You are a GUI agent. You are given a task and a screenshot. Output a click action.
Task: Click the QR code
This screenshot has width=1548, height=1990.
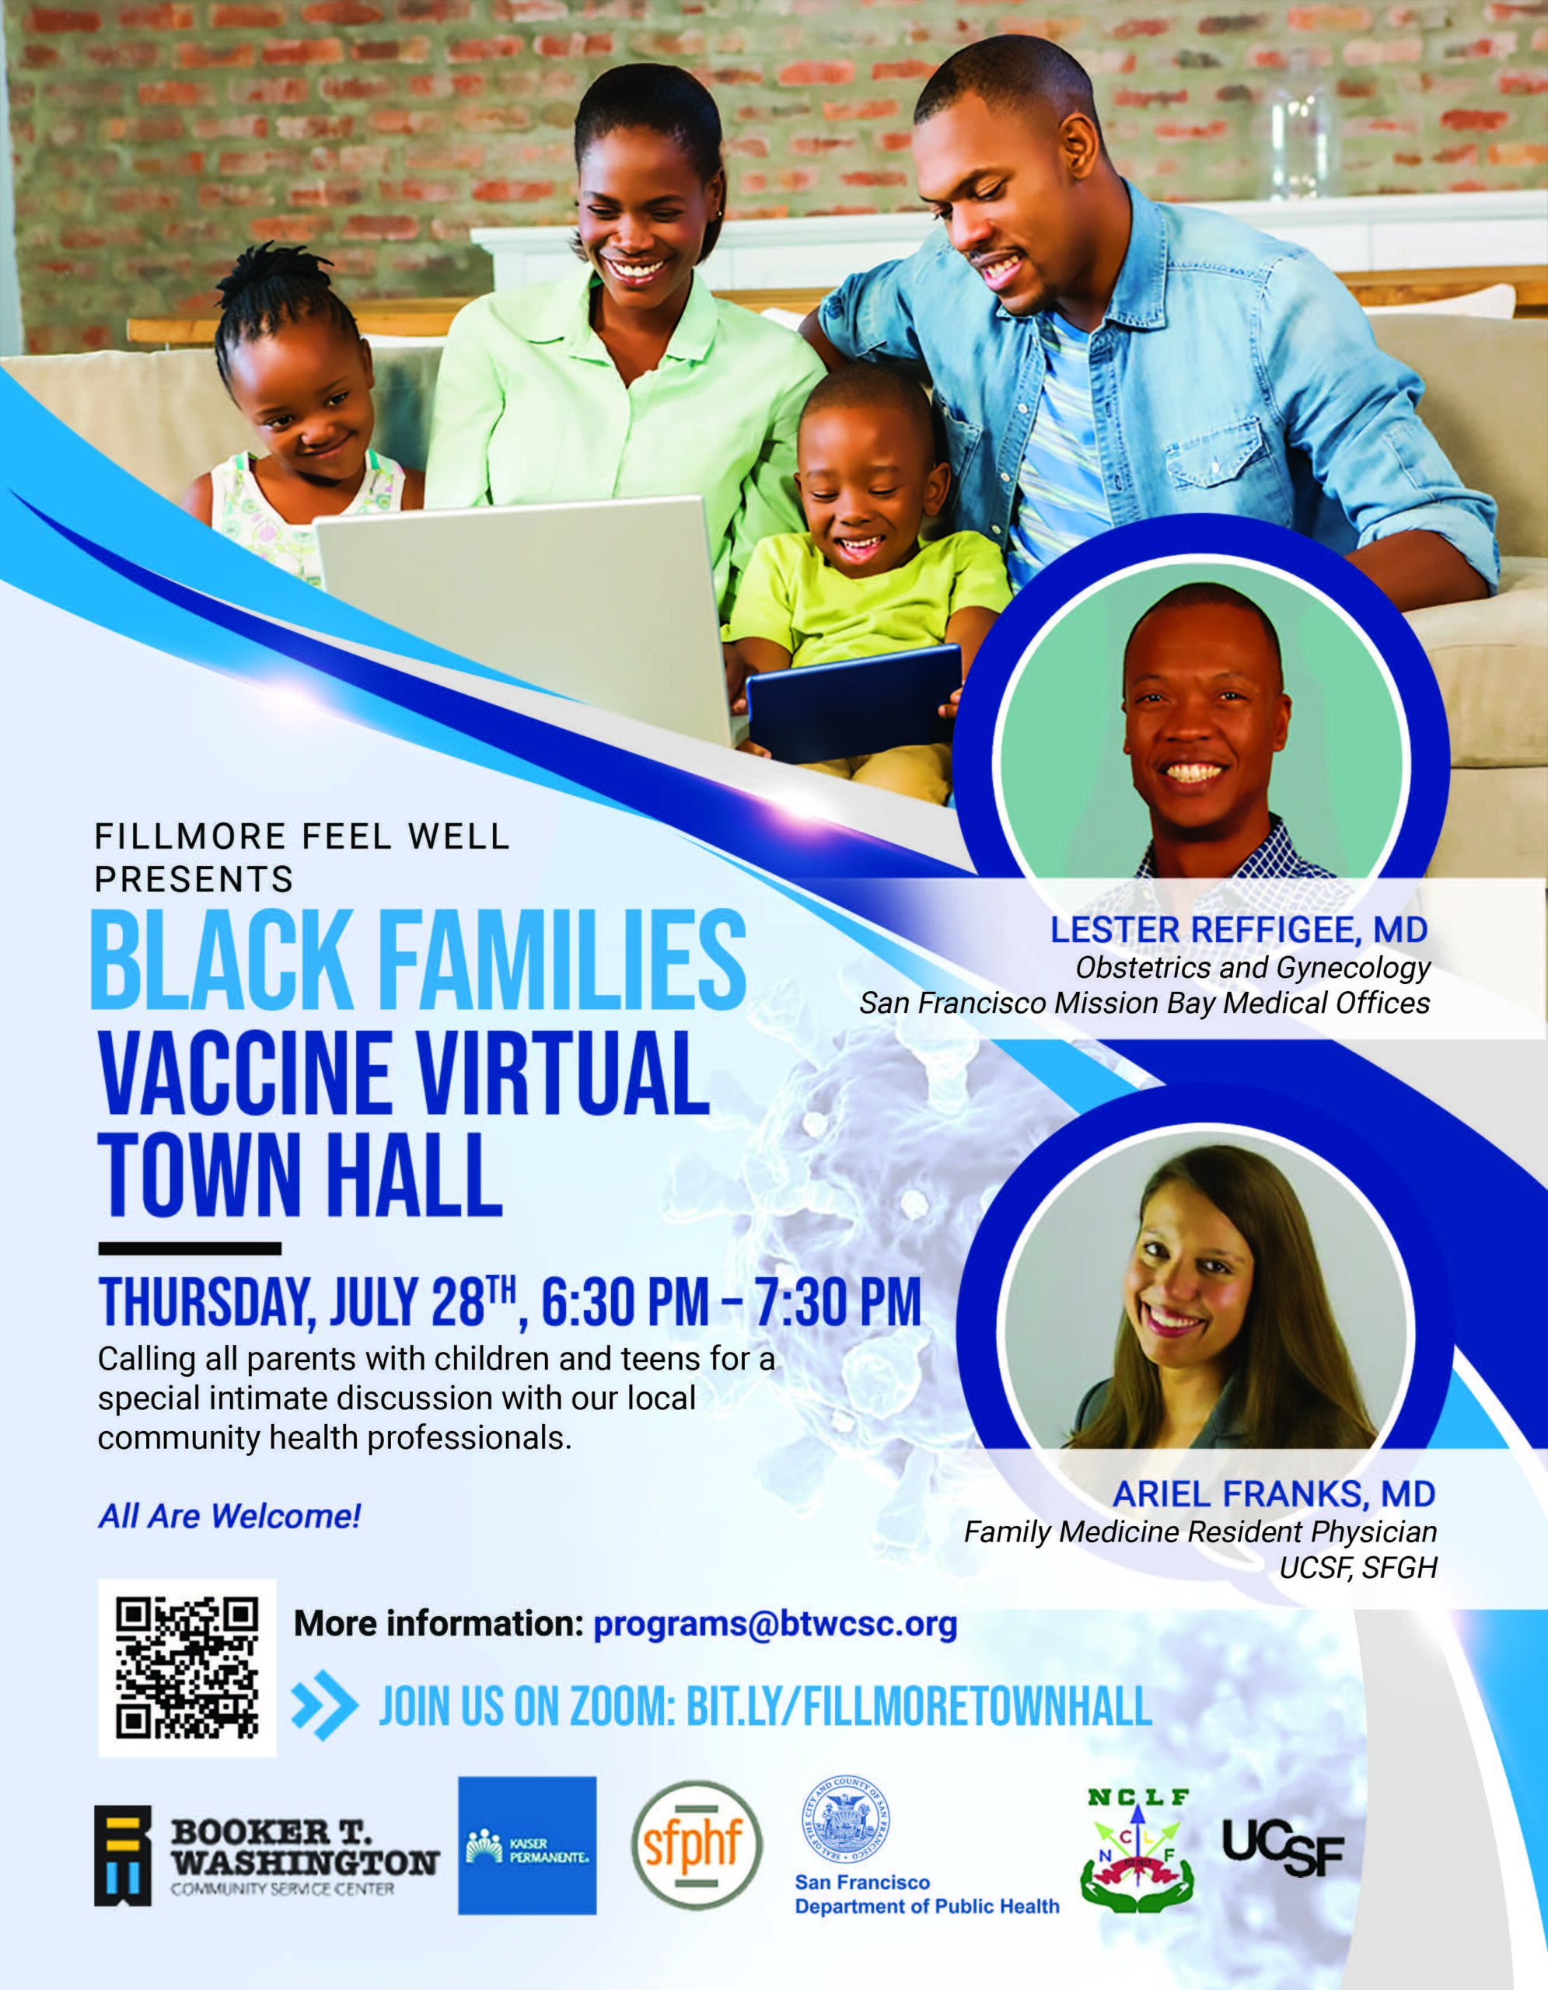pos(187,1668)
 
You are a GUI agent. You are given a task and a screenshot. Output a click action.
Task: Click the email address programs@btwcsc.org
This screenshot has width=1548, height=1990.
pos(775,1625)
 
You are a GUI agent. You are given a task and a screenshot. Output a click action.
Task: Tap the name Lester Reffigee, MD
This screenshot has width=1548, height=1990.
pos(1239,930)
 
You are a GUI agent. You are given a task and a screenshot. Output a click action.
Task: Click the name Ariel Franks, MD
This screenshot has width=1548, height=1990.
pos(1274,1493)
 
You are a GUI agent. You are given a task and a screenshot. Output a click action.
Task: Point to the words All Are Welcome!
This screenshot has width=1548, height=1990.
pos(229,1516)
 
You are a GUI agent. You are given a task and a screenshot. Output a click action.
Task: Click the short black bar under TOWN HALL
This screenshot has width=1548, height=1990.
pos(190,1248)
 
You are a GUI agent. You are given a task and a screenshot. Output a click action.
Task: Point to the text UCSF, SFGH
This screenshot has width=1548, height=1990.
pos(1358,1567)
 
